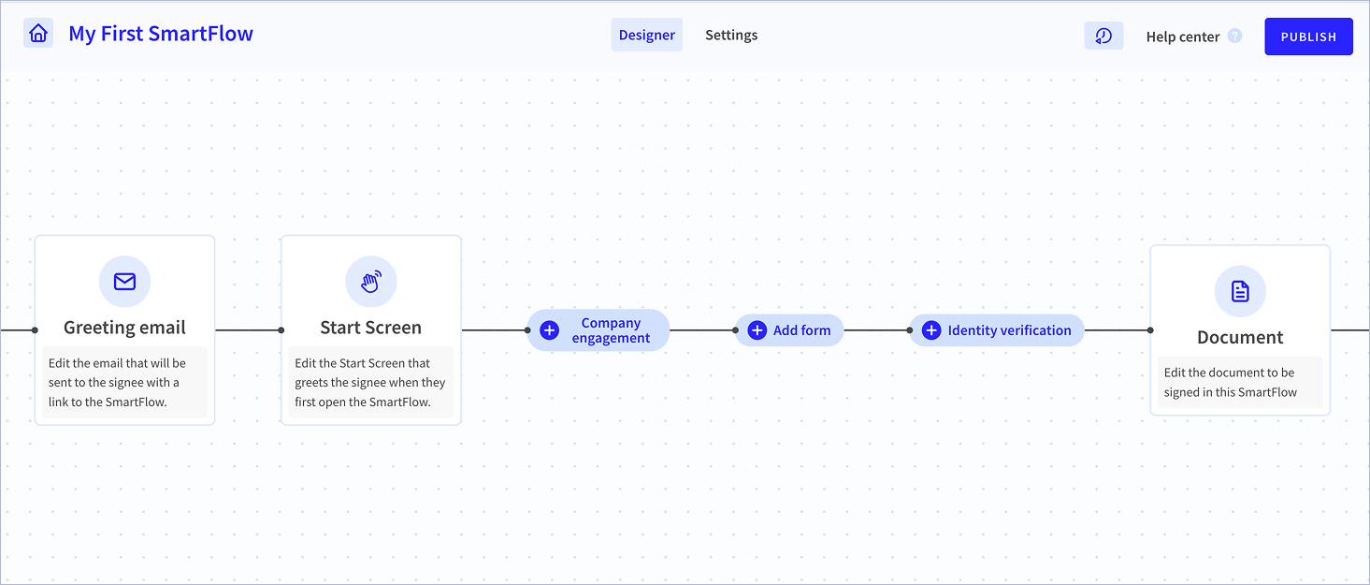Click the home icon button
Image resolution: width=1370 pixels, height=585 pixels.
coord(38,33)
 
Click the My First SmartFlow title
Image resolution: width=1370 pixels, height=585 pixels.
coord(161,34)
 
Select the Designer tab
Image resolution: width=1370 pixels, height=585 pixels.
coord(646,35)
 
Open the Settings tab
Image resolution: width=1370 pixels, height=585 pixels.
coord(731,35)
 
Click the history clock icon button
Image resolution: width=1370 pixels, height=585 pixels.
coord(1103,37)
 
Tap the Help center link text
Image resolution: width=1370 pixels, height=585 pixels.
coord(1182,37)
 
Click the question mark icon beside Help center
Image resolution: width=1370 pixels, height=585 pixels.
coord(1234,37)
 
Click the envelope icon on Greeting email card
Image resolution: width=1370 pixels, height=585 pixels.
coord(124,282)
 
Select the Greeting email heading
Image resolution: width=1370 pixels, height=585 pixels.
coord(124,328)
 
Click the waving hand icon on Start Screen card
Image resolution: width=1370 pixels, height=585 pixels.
coord(370,282)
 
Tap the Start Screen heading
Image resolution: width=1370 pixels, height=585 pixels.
coord(370,328)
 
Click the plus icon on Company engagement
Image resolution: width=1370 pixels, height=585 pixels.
coord(549,330)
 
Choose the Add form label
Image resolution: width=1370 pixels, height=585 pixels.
coord(801,330)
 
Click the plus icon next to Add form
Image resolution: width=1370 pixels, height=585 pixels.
coord(757,330)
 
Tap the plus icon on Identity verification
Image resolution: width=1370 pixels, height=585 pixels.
coord(931,330)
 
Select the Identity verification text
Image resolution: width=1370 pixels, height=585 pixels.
coord(1009,330)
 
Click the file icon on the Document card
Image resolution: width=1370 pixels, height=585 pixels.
coord(1240,291)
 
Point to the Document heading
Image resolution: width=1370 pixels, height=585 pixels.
coord(1240,337)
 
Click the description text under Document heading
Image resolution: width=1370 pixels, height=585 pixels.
coord(1230,383)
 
